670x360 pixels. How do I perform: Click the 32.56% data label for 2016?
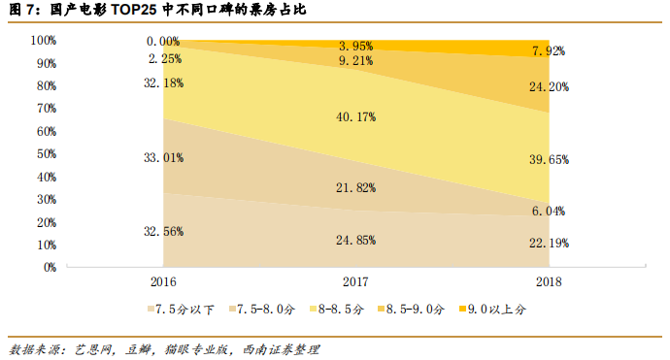[163, 232]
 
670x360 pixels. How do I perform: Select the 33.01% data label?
[163, 157]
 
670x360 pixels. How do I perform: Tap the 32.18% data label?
[163, 82]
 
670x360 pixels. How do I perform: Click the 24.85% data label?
[356, 240]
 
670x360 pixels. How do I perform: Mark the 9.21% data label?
[356, 60]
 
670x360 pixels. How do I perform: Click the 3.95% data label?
[356, 46]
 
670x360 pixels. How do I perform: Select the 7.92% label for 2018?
[550, 50]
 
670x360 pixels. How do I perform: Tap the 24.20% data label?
[550, 86]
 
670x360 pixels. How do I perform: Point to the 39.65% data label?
[550, 158]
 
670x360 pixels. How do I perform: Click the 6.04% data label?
[550, 211]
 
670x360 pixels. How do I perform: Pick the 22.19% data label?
[550, 243]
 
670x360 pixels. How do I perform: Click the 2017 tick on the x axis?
[356, 281]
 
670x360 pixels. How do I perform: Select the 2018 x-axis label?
[550, 281]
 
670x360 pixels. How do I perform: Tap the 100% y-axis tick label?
[43, 41]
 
